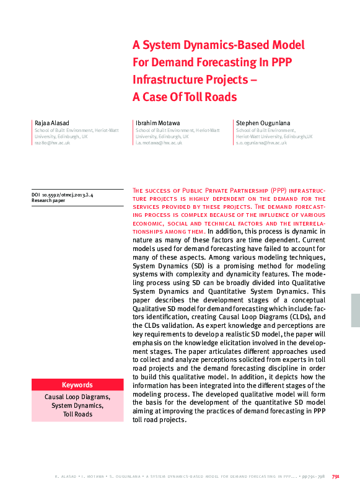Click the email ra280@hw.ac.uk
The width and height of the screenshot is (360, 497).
point(52,143)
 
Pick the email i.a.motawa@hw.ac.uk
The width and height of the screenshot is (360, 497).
point(159,143)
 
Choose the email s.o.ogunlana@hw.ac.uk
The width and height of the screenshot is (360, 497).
point(261,143)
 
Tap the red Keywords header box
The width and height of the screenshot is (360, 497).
point(77,384)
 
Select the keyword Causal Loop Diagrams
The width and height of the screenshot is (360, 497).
point(77,397)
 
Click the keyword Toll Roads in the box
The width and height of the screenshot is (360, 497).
point(77,414)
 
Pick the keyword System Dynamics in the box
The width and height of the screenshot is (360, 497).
point(77,405)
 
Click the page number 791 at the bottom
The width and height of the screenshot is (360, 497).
point(335,477)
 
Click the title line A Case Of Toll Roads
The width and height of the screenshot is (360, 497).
point(185,97)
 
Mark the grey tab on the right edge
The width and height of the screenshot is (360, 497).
point(355,310)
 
